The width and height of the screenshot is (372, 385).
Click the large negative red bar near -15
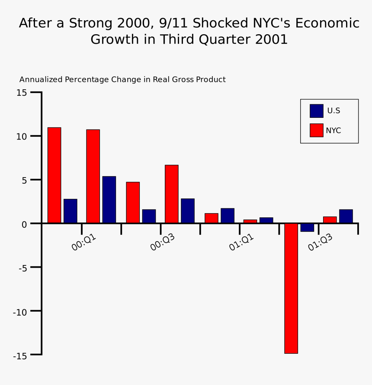click(x=291, y=288)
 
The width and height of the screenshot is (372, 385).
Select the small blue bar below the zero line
click(x=307, y=227)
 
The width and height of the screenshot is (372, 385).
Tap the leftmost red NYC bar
click(x=54, y=175)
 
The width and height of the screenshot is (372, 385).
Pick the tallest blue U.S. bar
click(x=109, y=200)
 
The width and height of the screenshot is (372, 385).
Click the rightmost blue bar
click(x=346, y=216)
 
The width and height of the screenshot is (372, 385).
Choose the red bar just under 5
click(x=133, y=202)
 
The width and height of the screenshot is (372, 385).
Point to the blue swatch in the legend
click(x=316, y=111)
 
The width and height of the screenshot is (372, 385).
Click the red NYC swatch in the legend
click(x=316, y=130)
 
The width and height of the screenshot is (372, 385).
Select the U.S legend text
click(x=334, y=111)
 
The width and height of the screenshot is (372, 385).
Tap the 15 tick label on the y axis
click(x=22, y=93)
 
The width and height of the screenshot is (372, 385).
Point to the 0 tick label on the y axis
click(x=24, y=224)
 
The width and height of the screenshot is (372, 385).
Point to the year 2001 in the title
click(x=271, y=39)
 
